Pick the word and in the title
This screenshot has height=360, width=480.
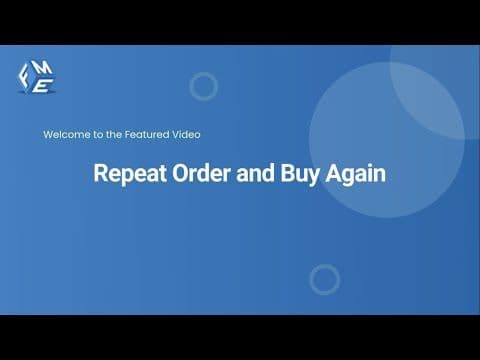(255, 173)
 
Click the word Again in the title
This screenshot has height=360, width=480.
(357, 174)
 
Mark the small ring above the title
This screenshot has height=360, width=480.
(203, 87)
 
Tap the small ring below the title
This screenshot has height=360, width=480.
(324, 279)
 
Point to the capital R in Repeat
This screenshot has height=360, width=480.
(100, 173)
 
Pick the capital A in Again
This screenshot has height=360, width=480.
(336, 173)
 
